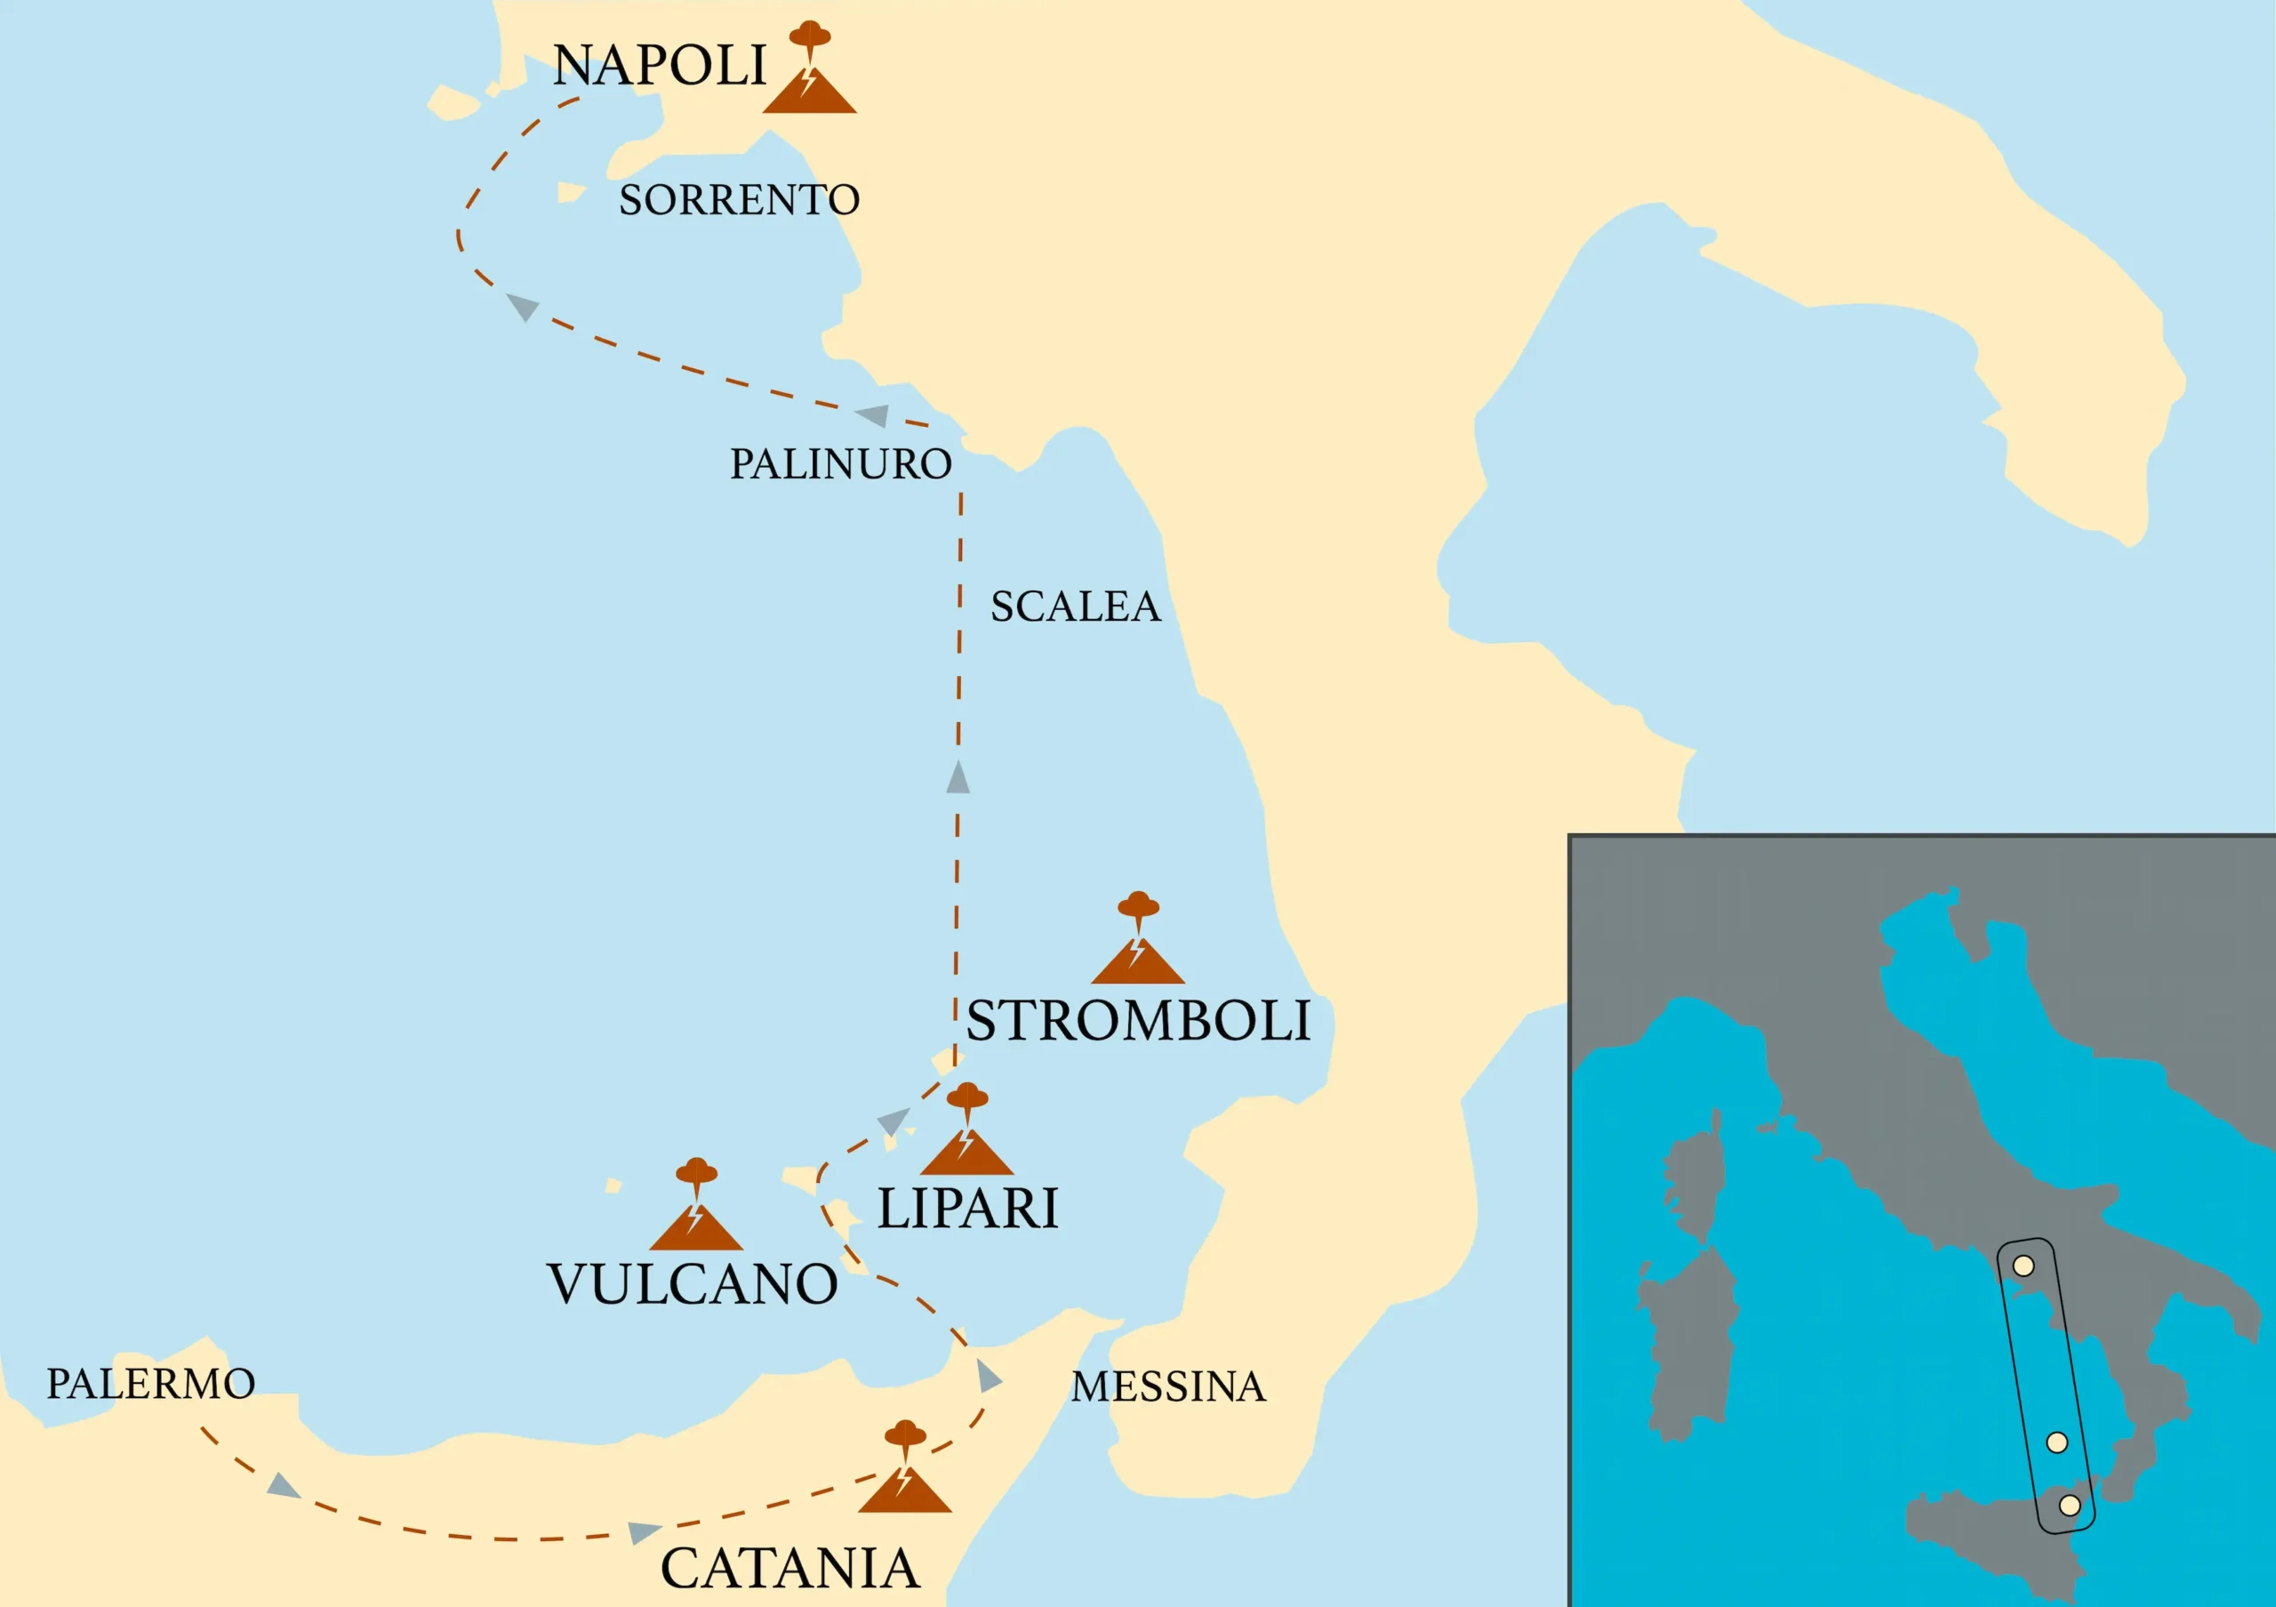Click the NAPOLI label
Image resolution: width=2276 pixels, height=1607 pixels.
[659, 67]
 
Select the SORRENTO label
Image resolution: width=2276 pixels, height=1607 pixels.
[739, 200]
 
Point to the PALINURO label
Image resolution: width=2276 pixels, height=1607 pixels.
[841, 464]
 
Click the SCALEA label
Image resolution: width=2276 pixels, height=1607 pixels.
[1076, 607]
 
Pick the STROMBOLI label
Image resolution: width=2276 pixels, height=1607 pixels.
[1138, 1021]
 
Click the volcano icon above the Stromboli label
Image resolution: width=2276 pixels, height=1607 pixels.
[1137, 941]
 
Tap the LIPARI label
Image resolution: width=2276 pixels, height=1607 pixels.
[967, 1209]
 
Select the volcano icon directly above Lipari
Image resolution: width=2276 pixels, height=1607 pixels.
[966, 1132]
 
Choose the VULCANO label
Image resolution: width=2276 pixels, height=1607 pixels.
[692, 1285]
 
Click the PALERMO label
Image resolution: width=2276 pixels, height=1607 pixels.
[150, 1384]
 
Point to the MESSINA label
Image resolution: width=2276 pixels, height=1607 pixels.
[1167, 1387]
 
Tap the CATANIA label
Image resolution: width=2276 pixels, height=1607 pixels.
[789, 1569]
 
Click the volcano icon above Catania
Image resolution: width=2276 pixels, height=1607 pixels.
[904, 1469]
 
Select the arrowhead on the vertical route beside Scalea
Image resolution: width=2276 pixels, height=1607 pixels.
[958, 778]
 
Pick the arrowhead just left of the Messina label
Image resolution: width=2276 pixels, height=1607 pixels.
[988, 1376]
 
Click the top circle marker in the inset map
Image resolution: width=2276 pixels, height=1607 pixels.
[2024, 1266]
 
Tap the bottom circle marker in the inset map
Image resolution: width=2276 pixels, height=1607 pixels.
[2069, 1505]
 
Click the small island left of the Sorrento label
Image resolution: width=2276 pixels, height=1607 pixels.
[570, 191]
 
